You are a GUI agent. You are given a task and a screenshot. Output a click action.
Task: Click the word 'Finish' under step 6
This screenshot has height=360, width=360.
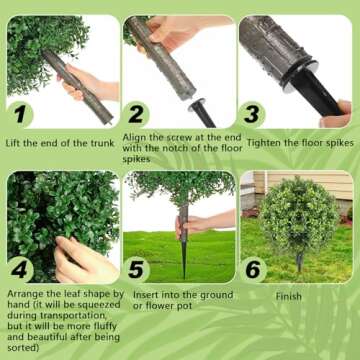pos(291,297)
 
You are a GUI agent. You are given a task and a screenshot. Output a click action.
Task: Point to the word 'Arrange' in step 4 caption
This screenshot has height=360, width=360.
pos(27,293)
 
